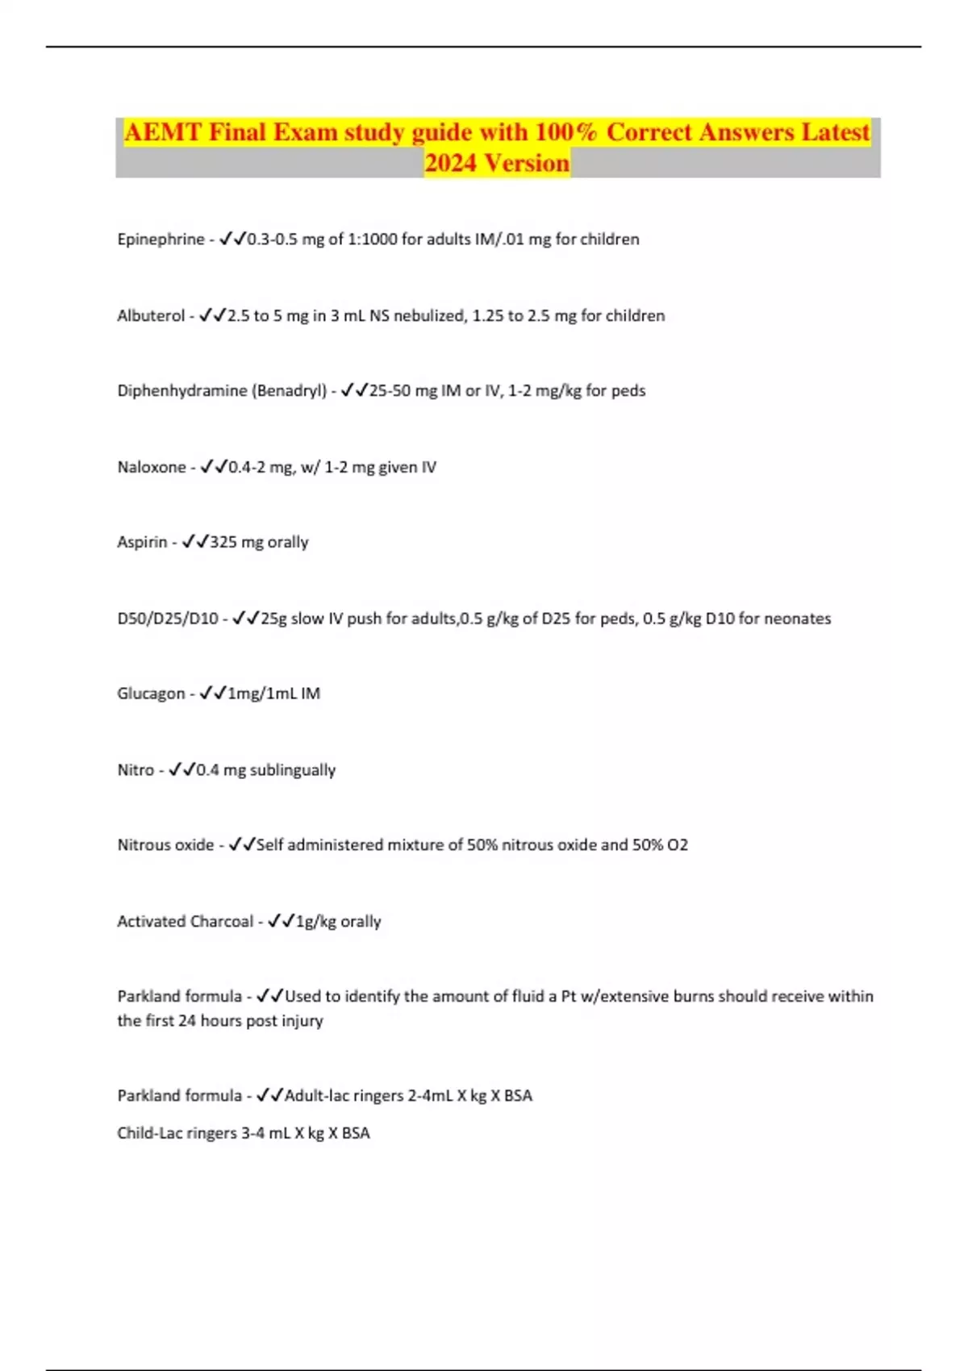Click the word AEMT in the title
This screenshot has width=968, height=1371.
pos(162,132)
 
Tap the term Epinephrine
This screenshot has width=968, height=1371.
pos(161,240)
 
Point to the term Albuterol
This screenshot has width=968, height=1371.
pos(151,316)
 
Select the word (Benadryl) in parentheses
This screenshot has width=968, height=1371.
pos(289,391)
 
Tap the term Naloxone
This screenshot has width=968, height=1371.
pos(152,468)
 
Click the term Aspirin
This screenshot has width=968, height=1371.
pos(142,543)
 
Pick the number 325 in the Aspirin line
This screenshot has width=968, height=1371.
pos(223,543)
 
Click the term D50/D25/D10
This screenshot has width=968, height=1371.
pos(168,619)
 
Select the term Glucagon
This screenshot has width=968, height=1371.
pos(151,694)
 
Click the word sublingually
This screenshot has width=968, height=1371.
pos(292,771)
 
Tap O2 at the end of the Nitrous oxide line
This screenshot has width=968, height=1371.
pos(678,845)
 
